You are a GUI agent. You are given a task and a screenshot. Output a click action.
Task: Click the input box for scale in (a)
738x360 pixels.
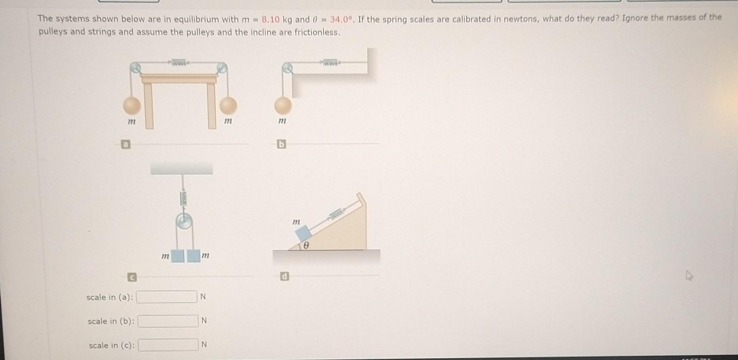(x=166, y=297)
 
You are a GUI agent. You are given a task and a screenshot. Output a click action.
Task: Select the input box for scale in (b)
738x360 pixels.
(x=168, y=321)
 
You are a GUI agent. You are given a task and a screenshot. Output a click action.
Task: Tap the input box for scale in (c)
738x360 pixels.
(x=168, y=345)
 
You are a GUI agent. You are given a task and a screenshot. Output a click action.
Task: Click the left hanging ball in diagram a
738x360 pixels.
(x=132, y=105)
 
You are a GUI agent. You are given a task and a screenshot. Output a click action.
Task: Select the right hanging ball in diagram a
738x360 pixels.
(x=228, y=105)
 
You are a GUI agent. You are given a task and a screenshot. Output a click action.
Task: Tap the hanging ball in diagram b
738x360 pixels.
(x=283, y=105)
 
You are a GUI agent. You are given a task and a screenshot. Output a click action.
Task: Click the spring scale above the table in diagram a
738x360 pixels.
(x=178, y=62)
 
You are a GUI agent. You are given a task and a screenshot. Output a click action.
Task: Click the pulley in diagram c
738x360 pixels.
(x=184, y=222)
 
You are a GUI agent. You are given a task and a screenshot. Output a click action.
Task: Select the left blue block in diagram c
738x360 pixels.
(x=178, y=255)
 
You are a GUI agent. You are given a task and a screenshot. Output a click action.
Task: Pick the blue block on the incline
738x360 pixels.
(x=303, y=233)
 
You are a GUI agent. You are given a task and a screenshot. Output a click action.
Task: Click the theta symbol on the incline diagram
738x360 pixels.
(x=306, y=245)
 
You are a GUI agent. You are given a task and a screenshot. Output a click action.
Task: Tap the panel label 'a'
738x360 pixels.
(x=125, y=144)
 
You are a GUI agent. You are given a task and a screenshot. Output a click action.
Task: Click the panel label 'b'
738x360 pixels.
(x=282, y=144)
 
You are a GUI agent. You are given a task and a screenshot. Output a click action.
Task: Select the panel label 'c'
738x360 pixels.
(x=131, y=277)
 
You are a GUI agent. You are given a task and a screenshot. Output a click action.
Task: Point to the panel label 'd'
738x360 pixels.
(x=284, y=276)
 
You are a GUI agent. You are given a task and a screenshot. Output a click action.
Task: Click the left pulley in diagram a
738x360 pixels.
(x=135, y=68)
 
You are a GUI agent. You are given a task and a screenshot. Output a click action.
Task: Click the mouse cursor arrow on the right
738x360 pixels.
(x=689, y=276)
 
